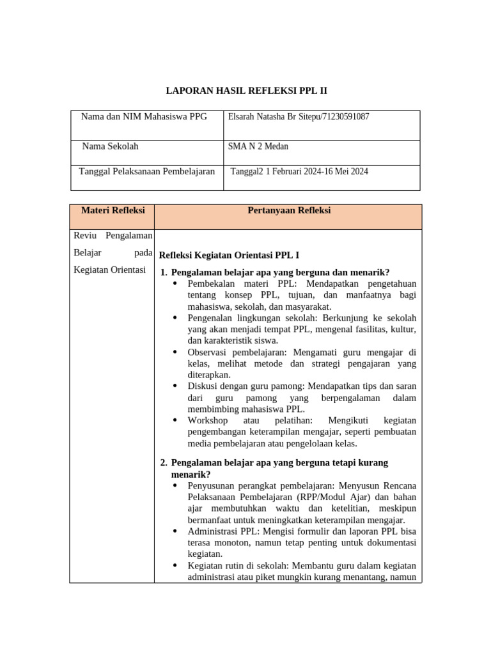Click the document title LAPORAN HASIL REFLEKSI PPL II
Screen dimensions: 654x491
246,91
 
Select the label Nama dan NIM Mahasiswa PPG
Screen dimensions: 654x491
144,117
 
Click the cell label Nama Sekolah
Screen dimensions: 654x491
110,146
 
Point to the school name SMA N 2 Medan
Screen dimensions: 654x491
258,146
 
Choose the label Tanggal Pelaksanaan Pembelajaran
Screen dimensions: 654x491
146,171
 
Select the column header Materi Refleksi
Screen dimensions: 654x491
113,210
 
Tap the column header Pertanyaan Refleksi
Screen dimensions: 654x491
289,210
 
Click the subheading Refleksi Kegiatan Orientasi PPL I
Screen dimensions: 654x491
228,254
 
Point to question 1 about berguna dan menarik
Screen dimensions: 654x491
280,271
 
